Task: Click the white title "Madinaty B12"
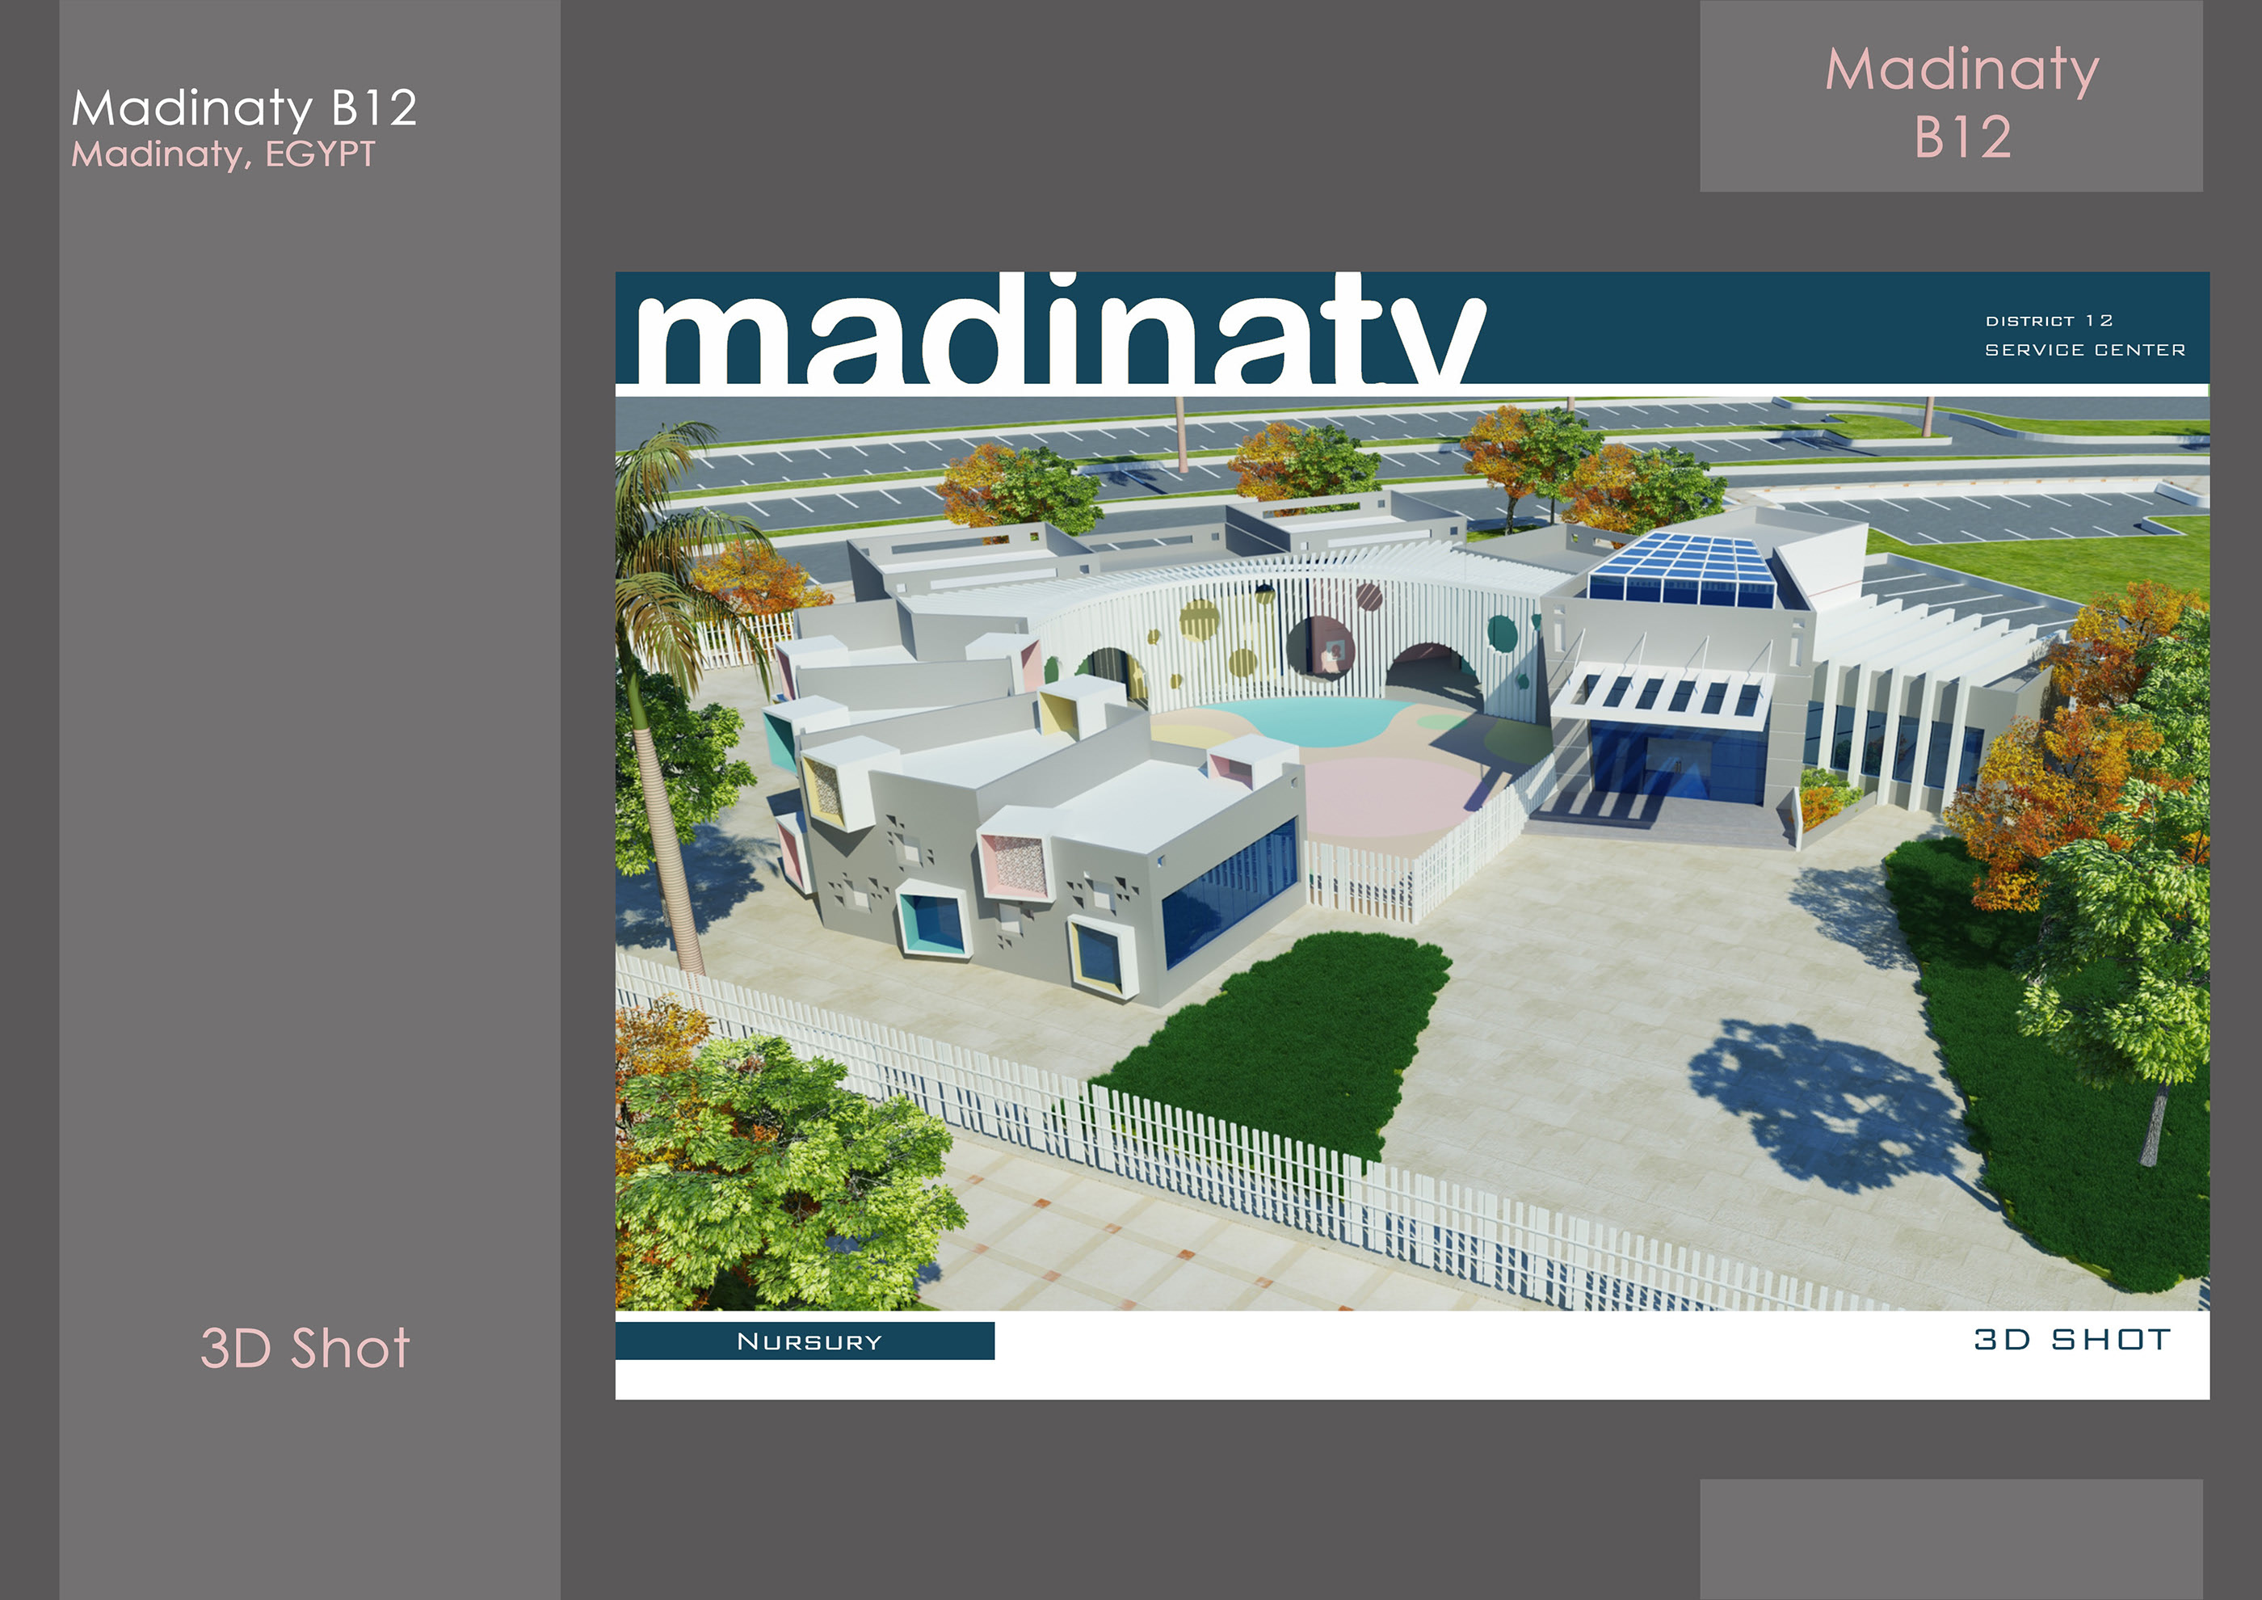pyautogui.click(x=244, y=107)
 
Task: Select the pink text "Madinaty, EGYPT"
pyautogui.click(x=224, y=154)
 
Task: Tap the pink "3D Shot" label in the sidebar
pyautogui.click(x=305, y=1348)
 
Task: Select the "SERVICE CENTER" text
pyautogui.click(x=2084, y=350)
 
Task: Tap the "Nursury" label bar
pyautogui.click(x=805, y=1341)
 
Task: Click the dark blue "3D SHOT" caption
pyautogui.click(x=2073, y=1340)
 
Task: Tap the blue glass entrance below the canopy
pyautogui.click(x=1675, y=759)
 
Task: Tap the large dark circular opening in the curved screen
pyautogui.click(x=1320, y=647)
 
